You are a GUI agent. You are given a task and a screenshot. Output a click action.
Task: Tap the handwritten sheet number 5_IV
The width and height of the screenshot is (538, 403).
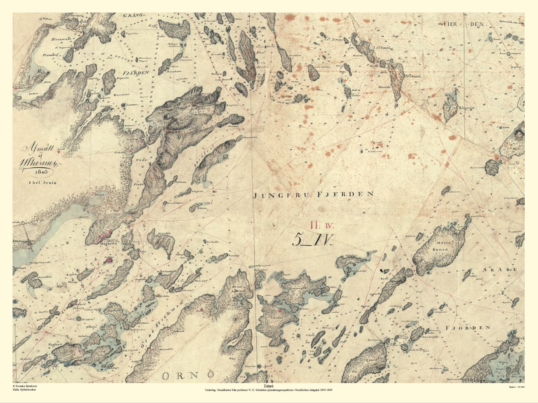click(x=312, y=239)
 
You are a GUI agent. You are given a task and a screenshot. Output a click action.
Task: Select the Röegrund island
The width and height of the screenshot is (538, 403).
click(x=450, y=105)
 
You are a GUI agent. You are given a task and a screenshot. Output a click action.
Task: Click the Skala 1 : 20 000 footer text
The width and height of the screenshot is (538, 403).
click(x=516, y=387)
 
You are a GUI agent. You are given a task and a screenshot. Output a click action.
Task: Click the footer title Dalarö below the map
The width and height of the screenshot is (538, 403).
click(x=268, y=386)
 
